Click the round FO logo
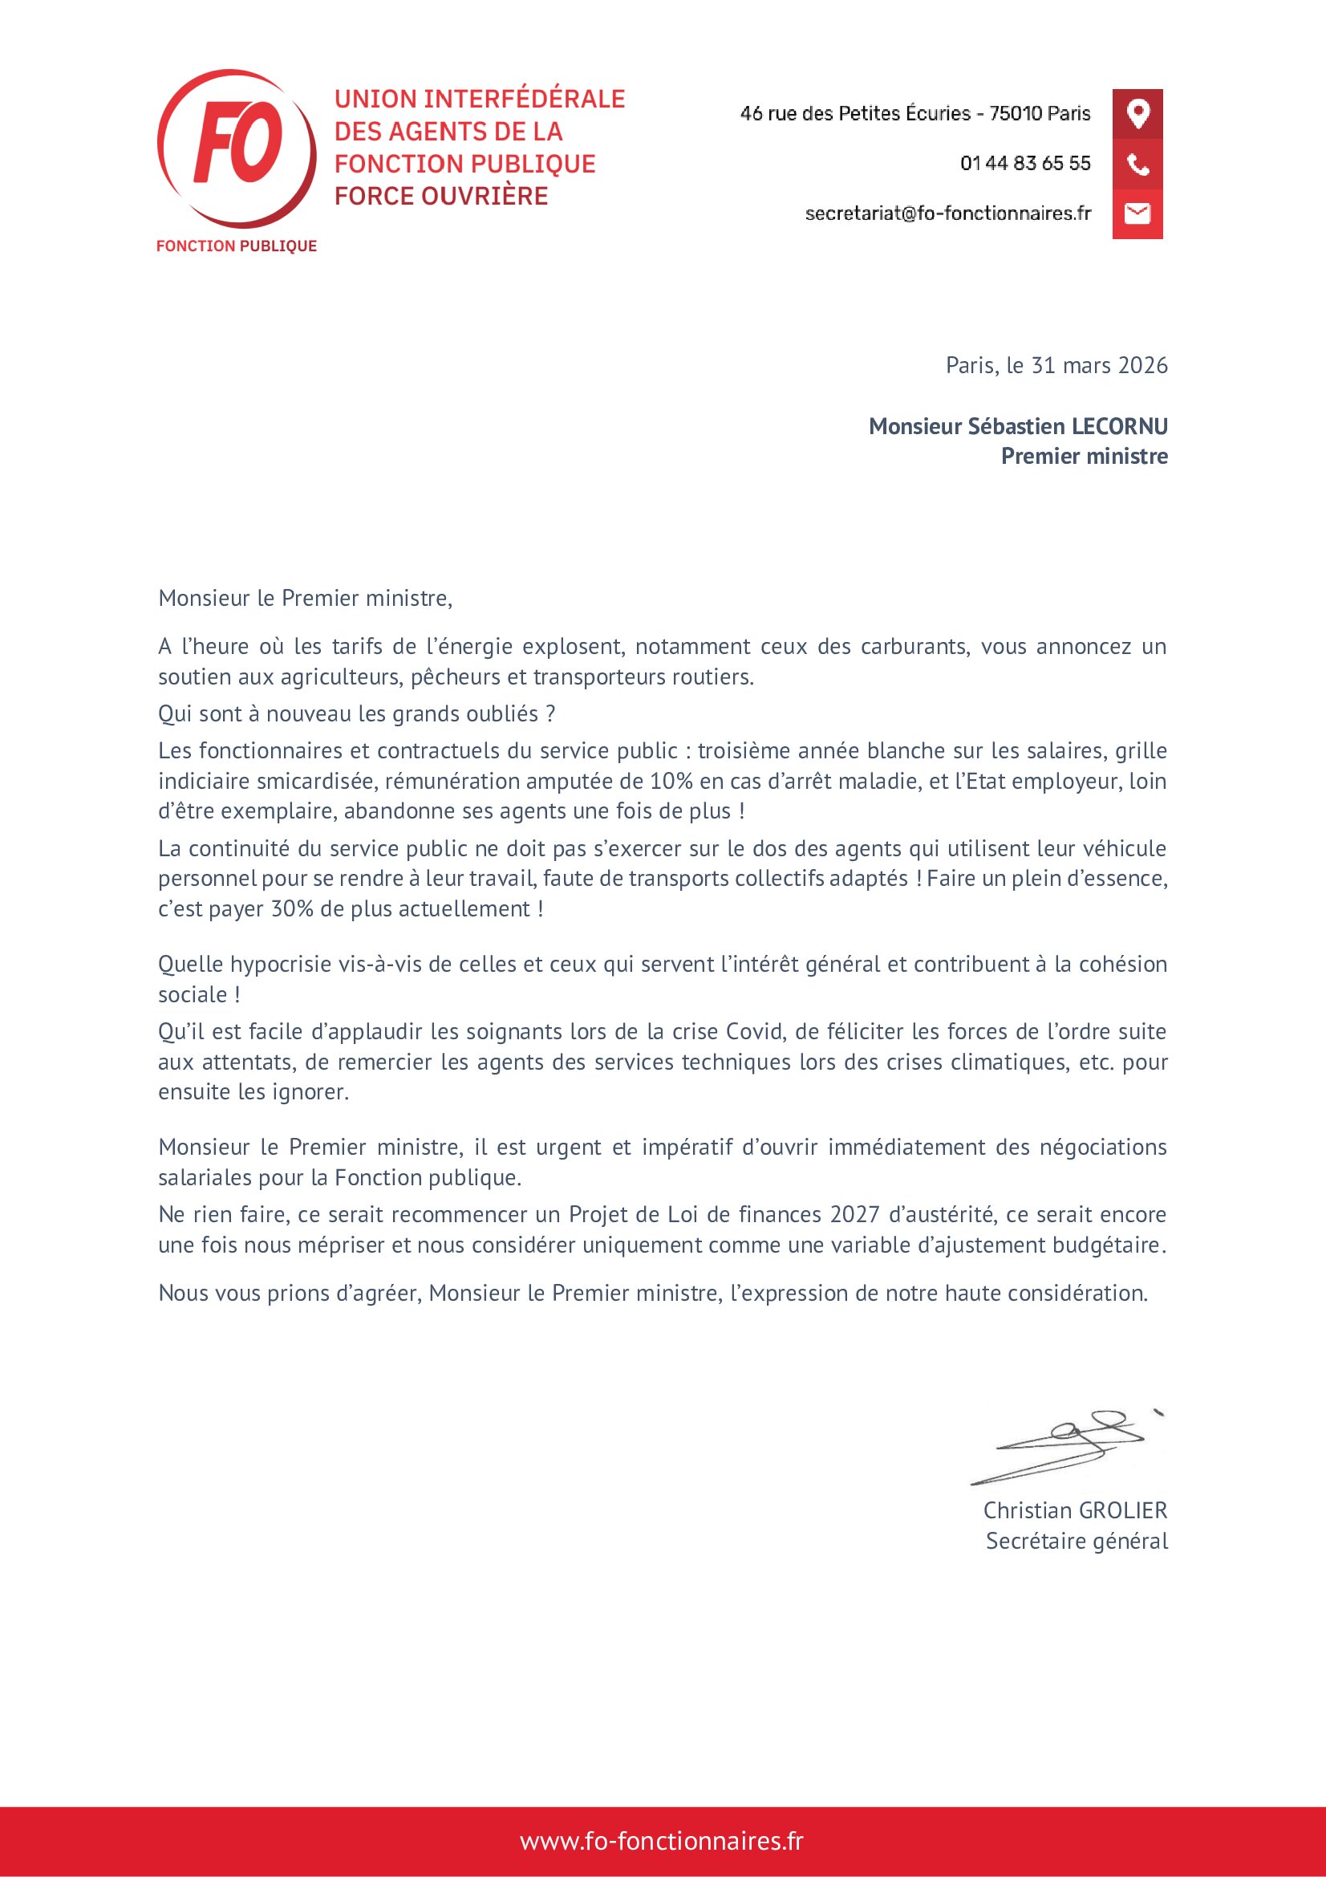[237, 148]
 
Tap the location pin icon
[1137, 113]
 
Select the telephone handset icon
[1137, 164]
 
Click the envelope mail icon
[1137, 213]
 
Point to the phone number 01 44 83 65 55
[1024, 164]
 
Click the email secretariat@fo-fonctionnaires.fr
[947, 213]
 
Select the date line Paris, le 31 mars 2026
[1056, 365]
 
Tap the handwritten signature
[1062, 1448]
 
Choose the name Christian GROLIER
[1074, 1510]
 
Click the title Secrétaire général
[1076, 1541]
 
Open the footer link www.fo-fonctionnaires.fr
[662, 1840]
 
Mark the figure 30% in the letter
[293, 909]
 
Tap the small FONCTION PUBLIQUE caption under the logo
[236, 246]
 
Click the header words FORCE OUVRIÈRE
[441, 196]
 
